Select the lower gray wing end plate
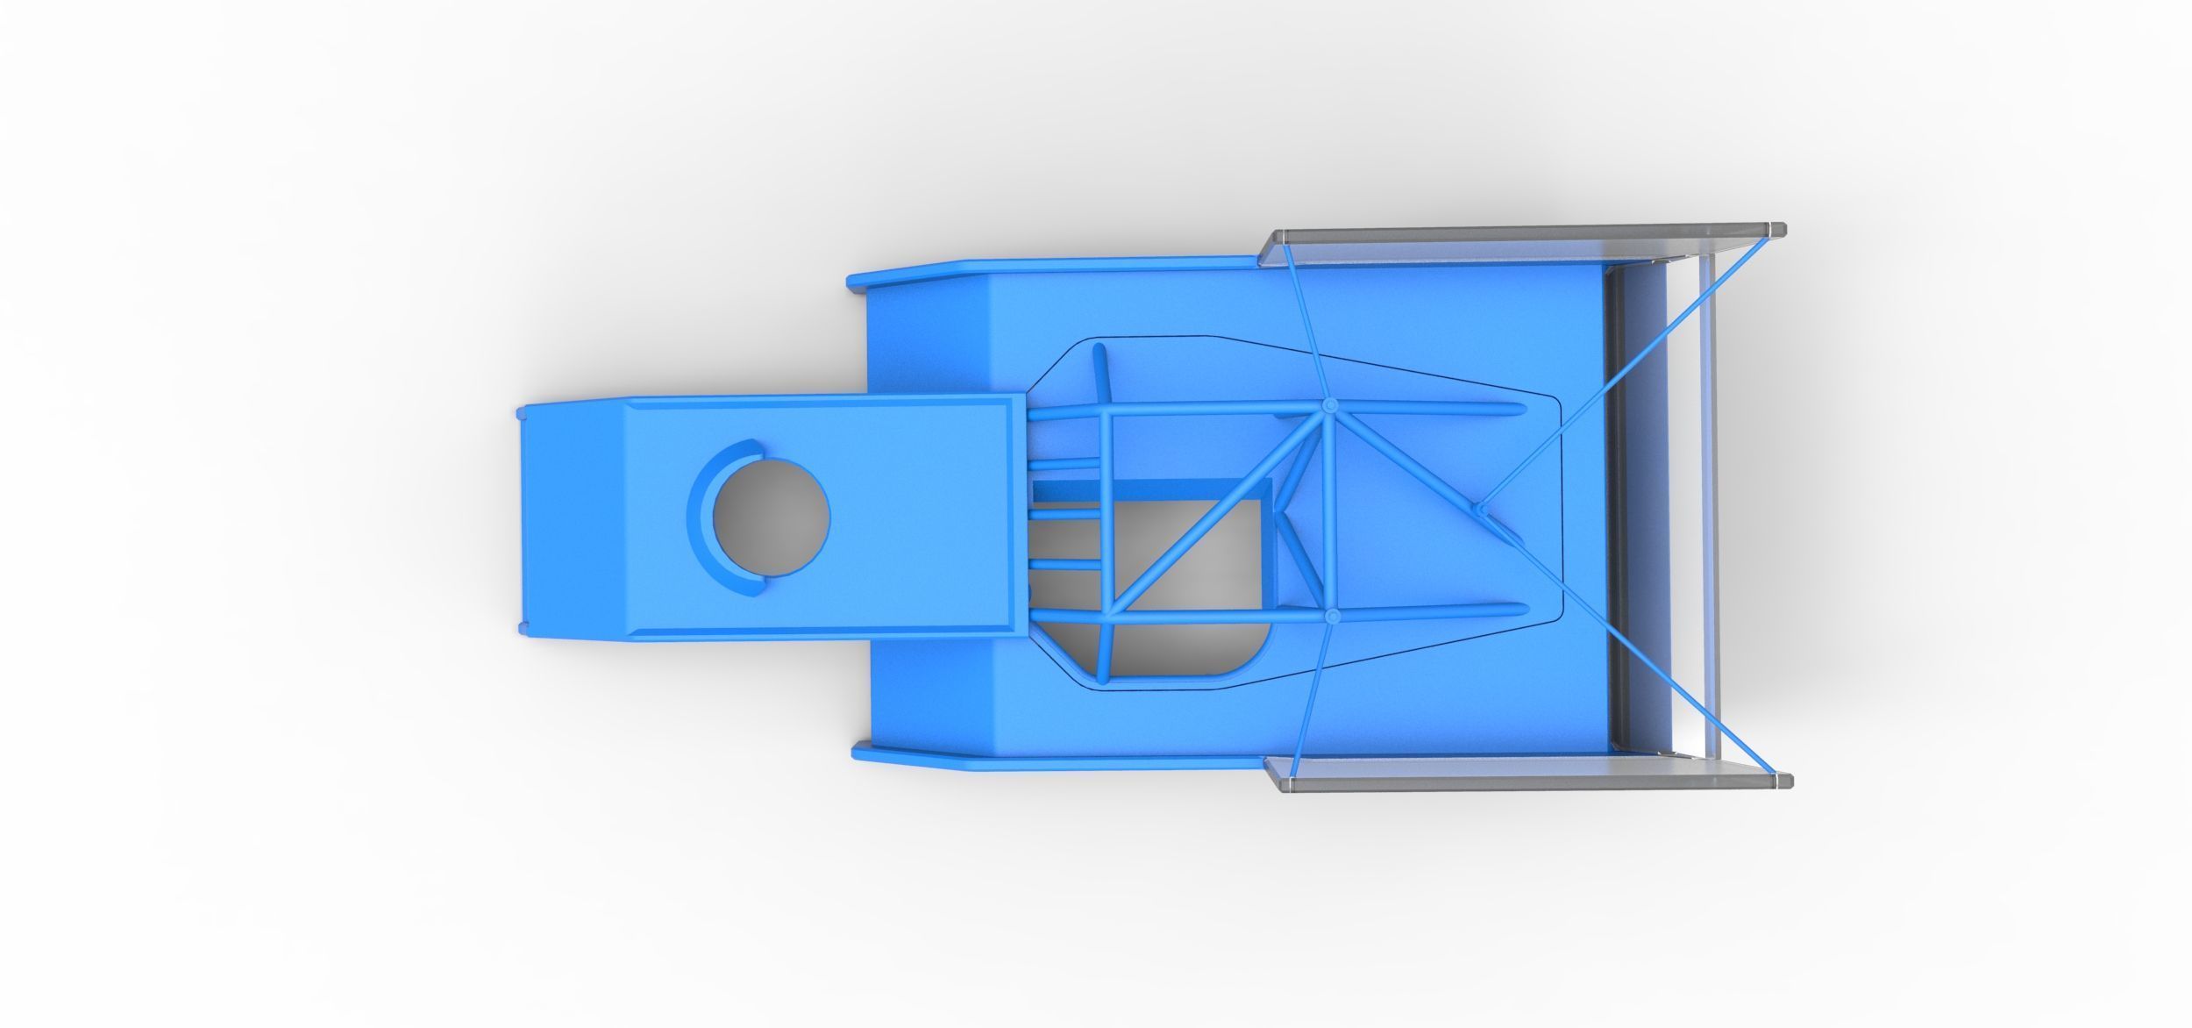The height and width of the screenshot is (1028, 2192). click(x=1521, y=769)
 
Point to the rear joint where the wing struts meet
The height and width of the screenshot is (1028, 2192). click(x=1479, y=508)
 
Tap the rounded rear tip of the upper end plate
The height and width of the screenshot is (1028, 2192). click(x=1776, y=230)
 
